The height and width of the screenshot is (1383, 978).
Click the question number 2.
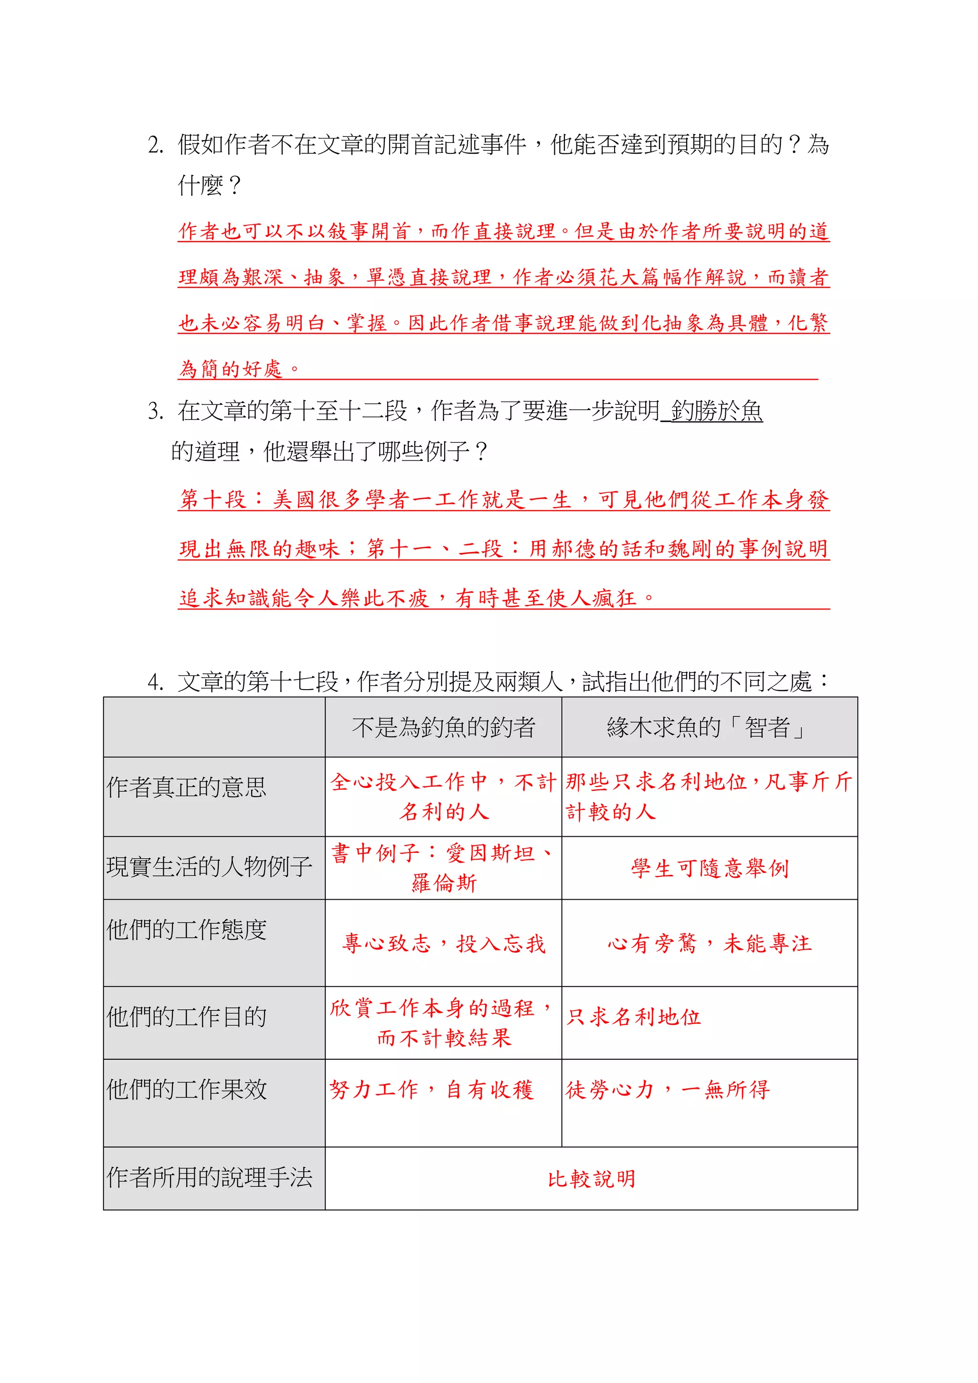pyautogui.click(x=155, y=145)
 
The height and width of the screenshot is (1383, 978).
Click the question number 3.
pyautogui.click(x=155, y=411)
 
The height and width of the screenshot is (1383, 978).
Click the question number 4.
pyautogui.click(x=155, y=682)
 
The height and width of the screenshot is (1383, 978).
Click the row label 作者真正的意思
pyautogui.click(x=186, y=787)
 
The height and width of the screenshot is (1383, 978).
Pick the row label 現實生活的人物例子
pyautogui.click(x=209, y=867)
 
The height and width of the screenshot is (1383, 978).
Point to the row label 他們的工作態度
pyautogui.click(x=186, y=929)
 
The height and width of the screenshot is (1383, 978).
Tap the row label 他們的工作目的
pyautogui.click(x=186, y=1017)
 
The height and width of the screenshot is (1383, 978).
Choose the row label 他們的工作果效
pyautogui.click(x=186, y=1089)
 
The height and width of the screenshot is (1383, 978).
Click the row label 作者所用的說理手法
pyautogui.click(x=209, y=1177)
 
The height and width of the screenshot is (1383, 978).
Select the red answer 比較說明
pyautogui.click(x=591, y=1178)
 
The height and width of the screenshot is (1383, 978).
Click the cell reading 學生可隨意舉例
pyautogui.click(x=710, y=868)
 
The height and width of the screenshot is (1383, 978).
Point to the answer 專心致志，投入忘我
pyautogui.click(x=443, y=943)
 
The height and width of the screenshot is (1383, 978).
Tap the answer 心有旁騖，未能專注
pyautogui.click(x=710, y=943)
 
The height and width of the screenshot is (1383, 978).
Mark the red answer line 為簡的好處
pyautogui.click(x=239, y=368)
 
